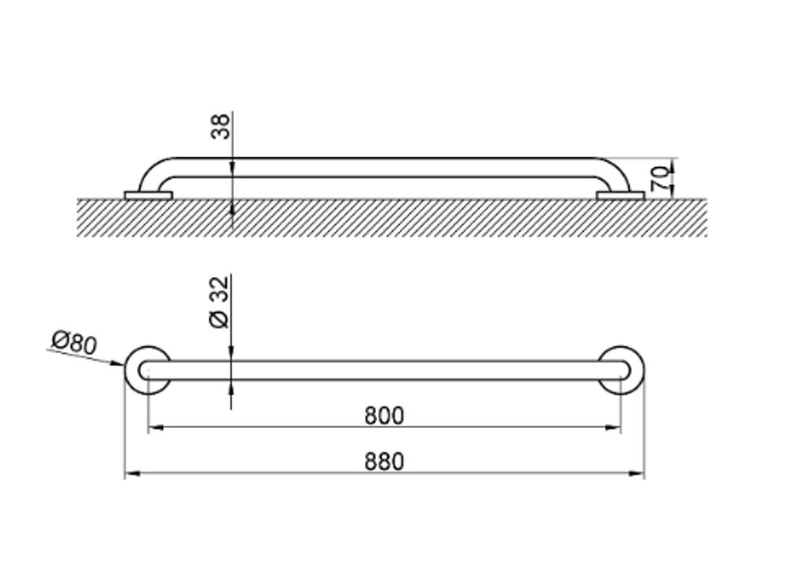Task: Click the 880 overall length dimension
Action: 384,461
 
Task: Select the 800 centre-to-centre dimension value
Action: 384,416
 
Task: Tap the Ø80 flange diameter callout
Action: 75,343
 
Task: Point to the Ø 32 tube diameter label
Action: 219,302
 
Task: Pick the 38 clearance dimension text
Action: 221,127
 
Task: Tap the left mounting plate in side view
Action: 148,195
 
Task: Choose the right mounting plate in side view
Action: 620,195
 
